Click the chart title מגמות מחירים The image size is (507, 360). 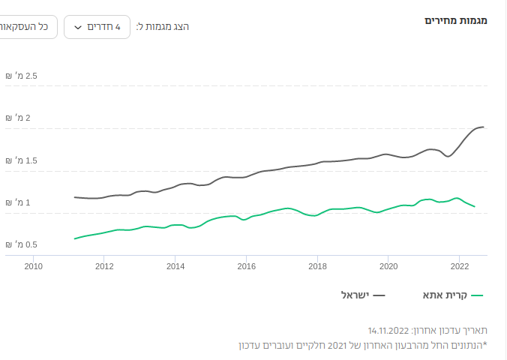pyautogui.click(x=456, y=20)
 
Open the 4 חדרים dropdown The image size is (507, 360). pyautogui.click(x=97, y=27)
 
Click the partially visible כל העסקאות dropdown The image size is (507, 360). pyautogui.click(x=26, y=27)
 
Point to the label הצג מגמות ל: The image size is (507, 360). pyautogui.click(x=162, y=27)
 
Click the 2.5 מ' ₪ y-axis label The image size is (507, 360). pyautogui.click(x=22, y=76)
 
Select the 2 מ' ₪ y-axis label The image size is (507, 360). pyautogui.click(x=22, y=118)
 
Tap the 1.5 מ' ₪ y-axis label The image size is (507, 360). pyautogui.click(x=22, y=160)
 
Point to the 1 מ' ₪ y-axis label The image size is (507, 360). pyautogui.click(x=22, y=202)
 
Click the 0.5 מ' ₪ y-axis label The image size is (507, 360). pyautogui.click(x=22, y=244)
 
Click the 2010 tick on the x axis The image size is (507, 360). pyautogui.click(x=33, y=265)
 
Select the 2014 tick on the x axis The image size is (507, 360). pyautogui.click(x=175, y=265)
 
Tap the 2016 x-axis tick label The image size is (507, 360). pyautogui.click(x=246, y=265)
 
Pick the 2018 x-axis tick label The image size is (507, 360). pyautogui.click(x=317, y=265)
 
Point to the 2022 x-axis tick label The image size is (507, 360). pyautogui.click(x=459, y=265)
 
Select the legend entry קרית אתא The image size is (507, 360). pyautogui.click(x=447, y=295)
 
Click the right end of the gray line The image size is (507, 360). pyautogui.click(x=484, y=127)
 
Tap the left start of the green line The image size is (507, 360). pyautogui.click(x=75, y=238)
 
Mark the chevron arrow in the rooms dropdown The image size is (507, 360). pyautogui.click(x=78, y=28)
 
